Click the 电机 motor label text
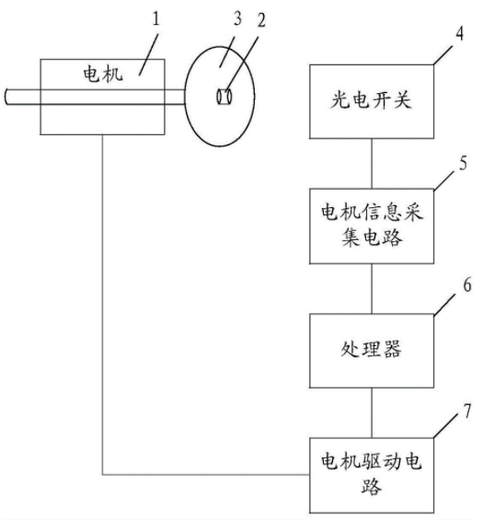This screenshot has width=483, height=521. point(103,74)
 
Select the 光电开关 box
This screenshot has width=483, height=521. point(372,101)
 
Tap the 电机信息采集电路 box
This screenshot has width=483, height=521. point(372,226)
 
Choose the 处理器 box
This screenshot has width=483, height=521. point(372,351)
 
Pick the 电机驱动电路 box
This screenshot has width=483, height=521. point(372,475)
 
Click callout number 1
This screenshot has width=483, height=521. point(155,18)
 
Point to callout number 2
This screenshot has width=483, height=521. point(261,20)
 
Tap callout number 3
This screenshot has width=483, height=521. point(237,18)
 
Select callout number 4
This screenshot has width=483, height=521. point(459,33)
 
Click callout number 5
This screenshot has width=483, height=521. point(463,163)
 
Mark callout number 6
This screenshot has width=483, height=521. point(467,284)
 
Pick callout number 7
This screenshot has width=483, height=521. point(467,411)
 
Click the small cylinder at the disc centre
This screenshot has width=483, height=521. point(224,97)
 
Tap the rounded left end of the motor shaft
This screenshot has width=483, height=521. point(6,97)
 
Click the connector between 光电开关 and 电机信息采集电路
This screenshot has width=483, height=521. point(372,164)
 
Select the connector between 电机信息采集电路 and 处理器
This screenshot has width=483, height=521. point(372,289)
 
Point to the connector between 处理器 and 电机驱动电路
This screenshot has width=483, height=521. point(372,412)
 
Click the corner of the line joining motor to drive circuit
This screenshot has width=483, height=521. point(102,474)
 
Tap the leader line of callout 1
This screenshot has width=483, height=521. point(148,53)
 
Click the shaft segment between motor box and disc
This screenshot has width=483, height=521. point(175,97)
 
